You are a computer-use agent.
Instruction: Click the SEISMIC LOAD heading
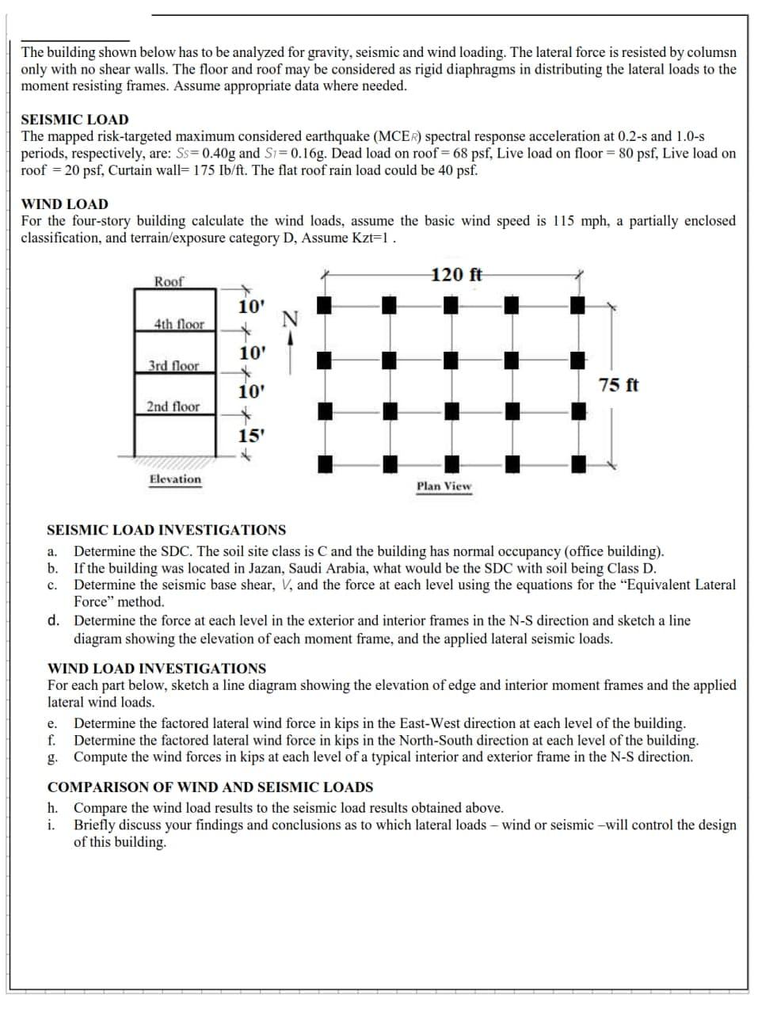pyautogui.click(x=74, y=120)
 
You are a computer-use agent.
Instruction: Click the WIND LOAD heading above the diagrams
pyautogui.click(x=64, y=204)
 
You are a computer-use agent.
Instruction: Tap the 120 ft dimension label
pyautogui.click(x=457, y=275)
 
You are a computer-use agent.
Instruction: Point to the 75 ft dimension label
pyautogui.click(x=619, y=386)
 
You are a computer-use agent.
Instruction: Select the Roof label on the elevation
pyautogui.click(x=168, y=281)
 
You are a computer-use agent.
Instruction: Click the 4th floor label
pyautogui.click(x=179, y=324)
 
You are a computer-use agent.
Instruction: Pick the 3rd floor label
pyautogui.click(x=173, y=366)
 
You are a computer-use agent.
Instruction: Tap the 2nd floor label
pyautogui.click(x=173, y=406)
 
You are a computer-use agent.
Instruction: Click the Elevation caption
pyautogui.click(x=175, y=479)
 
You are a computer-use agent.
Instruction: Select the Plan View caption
pyautogui.click(x=444, y=486)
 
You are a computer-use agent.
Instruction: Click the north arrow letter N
pyautogui.click(x=290, y=319)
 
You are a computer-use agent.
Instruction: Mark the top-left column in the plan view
pyautogui.click(x=323, y=305)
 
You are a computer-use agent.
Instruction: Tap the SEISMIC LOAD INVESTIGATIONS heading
pyautogui.click(x=166, y=530)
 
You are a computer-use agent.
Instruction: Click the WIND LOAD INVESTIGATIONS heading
pyautogui.click(x=157, y=669)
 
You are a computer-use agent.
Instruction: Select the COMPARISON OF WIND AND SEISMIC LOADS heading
pyautogui.click(x=210, y=787)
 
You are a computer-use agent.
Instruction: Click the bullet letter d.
pyautogui.click(x=52, y=620)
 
